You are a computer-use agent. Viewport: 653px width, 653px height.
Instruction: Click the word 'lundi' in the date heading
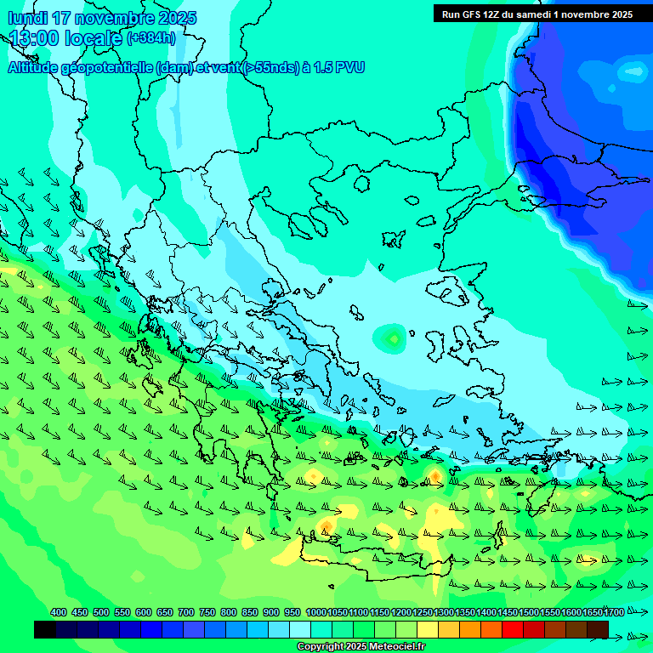click(27, 18)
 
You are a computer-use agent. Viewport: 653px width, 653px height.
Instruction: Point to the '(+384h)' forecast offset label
click(150, 38)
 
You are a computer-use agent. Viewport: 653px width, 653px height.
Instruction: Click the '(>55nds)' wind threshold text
click(270, 67)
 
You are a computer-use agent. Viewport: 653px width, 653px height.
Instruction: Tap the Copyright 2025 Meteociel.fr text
click(361, 646)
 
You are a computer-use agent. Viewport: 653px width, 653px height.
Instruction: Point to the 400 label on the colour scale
click(59, 613)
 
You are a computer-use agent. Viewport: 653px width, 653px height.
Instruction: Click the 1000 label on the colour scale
click(315, 613)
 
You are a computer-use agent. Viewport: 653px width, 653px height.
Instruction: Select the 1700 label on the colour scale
click(615, 613)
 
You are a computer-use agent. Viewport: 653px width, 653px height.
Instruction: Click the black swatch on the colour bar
click(45, 629)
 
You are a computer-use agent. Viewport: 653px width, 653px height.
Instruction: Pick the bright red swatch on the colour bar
click(513, 629)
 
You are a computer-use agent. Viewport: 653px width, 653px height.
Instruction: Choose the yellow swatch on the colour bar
click(428, 629)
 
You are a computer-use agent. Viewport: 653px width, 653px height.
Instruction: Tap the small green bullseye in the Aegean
click(393, 338)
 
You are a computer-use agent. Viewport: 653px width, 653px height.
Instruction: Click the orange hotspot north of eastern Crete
click(434, 474)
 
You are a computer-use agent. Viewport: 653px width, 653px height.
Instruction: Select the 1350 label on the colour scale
click(465, 613)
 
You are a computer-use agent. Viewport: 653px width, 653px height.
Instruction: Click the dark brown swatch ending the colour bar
click(598, 629)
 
